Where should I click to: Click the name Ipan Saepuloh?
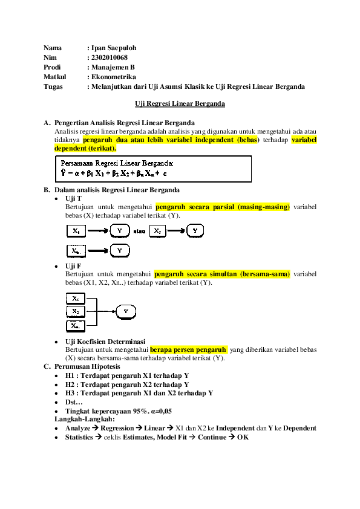113,48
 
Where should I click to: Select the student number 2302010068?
109,57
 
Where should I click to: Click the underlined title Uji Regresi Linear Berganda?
180,103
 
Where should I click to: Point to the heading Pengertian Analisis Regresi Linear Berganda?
124,123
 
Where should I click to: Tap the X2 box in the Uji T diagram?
157,231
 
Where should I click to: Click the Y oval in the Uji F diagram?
125,311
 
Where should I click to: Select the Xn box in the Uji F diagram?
74,325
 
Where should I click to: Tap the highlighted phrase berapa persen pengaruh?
188,349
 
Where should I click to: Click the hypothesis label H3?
70,393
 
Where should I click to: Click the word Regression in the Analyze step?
117,428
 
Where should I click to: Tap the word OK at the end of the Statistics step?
243,437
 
